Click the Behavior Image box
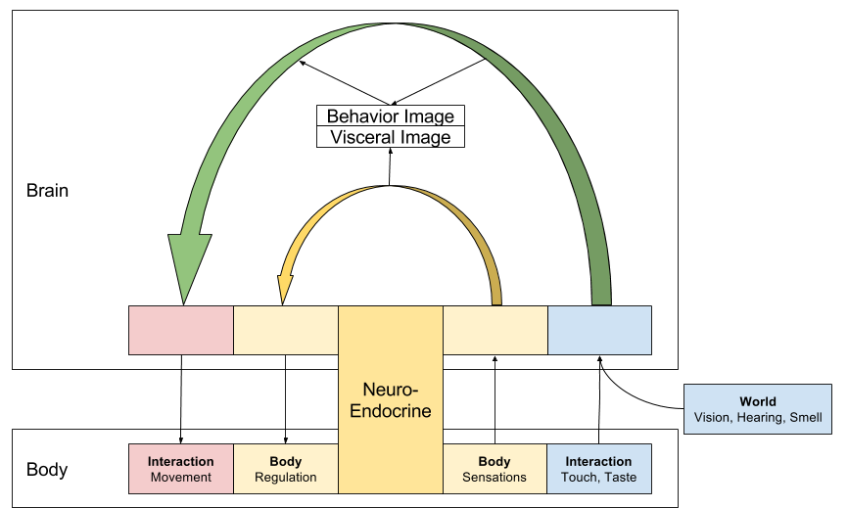coord(391,116)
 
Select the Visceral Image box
coord(391,137)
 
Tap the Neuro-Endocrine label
coord(391,397)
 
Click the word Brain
coord(47,191)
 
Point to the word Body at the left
coord(46,470)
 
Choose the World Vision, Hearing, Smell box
coord(758,409)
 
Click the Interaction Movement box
coord(180,469)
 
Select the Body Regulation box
coord(286,469)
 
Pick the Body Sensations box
coord(495,469)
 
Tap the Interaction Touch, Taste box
coord(598,469)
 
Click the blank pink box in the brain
coord(181,330)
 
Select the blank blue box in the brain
coord(598,330)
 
